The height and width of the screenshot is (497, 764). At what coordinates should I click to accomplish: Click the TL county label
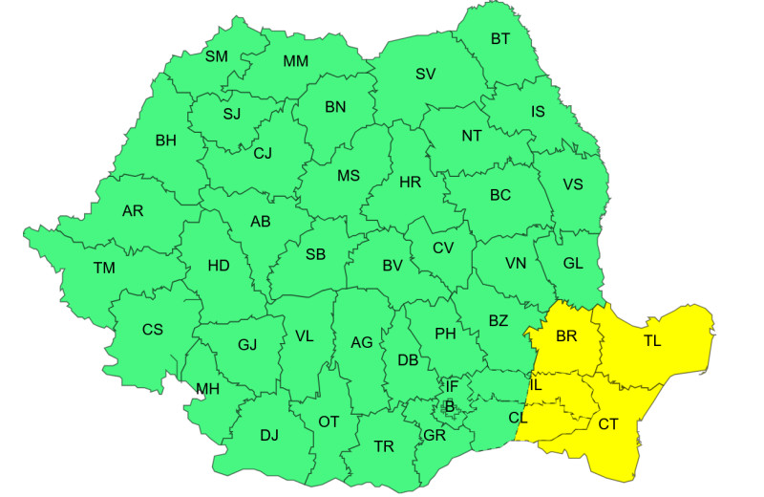(x=652, y=340)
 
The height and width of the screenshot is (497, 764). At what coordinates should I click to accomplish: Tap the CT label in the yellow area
(x=608, y=424)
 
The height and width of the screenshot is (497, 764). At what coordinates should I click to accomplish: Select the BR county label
(x=567, y=337)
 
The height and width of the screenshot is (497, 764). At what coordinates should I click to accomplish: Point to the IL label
(x=536, y=384)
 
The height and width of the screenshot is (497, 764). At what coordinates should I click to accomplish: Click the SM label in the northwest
(x=217, y=56)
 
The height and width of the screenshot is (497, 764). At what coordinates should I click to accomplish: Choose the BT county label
(x=500, y=39)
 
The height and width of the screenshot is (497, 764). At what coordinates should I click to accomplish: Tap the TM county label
(x=104, y=269)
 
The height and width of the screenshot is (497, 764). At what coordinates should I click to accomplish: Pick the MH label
(x=207, y=389)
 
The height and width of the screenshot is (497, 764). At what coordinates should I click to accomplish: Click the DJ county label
(x=269, y=436)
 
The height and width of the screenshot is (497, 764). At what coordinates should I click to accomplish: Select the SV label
(x=425, y=74)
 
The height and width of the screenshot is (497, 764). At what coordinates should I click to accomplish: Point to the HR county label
(x=410, y=181)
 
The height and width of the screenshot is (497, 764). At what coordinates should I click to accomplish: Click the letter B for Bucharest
(x=449, y=406)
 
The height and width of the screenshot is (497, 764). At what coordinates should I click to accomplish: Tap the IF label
(x=452, y=386)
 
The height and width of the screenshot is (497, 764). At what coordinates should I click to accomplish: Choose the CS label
(x=153, y=330)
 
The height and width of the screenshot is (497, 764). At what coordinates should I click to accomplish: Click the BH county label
(x=166, y=140)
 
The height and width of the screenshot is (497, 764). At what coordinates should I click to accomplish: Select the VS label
(x=573, y=184)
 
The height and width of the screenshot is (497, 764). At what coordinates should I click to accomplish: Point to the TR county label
(x=384, y=446)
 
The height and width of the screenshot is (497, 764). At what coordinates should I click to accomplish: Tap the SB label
(x=315, y=254)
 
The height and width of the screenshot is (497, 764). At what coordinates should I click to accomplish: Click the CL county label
(x=518, y=418)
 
